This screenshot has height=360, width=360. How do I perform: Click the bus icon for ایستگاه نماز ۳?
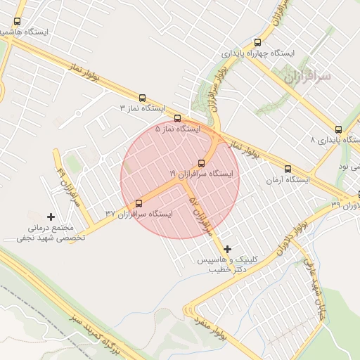point(143,98)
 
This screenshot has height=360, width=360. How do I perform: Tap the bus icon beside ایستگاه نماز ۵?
point(177,118)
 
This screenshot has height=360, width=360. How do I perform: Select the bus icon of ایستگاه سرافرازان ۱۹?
point(202,162)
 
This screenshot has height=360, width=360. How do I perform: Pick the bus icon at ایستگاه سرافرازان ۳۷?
point(139,202)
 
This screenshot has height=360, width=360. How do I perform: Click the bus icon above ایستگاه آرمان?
point(287,169)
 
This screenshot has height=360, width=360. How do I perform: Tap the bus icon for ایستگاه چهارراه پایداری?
point(257,42)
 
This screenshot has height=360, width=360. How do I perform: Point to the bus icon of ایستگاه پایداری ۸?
point(338,129)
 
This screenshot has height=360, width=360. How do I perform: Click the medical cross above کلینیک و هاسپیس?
point(227,249)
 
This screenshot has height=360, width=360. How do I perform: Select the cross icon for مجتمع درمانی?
point(50,217)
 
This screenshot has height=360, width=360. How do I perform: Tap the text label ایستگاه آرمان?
point(287,181)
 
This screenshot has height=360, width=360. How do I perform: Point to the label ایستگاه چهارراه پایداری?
point(266,53)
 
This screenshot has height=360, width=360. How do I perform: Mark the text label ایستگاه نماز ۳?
point(142,109)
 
